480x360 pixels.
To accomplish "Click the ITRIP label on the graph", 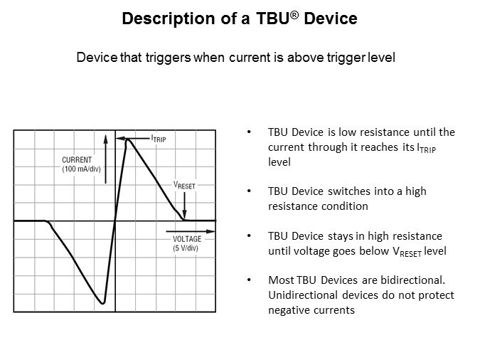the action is pyautogui.click(x=159, y=139).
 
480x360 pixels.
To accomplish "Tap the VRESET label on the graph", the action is pyautogui.click(x=184, y=185).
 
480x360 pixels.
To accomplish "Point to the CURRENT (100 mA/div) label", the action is pyautogui.click(x=81, y=164).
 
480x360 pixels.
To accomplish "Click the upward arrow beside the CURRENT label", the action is pyautogui.click(x=106, y=159).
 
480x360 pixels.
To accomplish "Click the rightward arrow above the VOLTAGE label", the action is pyautogui.click(x=191, y=231).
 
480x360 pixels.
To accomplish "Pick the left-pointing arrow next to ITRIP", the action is pyautogui.click(x=133, y=139).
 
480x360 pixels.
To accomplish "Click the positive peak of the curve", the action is pyautogui.click(x=128, y=140).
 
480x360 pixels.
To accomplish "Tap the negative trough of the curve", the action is pyautogui.click(x=103, y=302).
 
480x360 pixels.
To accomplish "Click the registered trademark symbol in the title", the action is pyautogui.click(x=294, y=14).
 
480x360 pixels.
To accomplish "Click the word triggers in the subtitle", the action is pyautogui.click(x=168, y=58).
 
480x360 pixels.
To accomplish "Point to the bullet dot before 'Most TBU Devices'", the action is pyautogui.click(x=249, y=280).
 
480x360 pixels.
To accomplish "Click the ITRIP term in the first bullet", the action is pyautogui.click(x=427, y=148).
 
